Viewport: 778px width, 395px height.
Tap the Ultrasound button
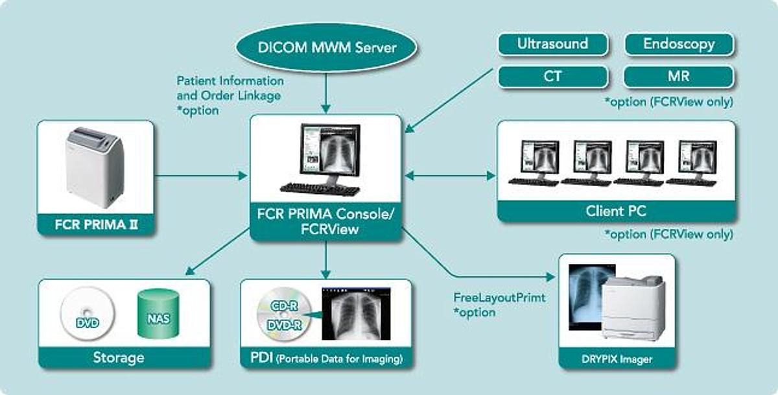[552, 44]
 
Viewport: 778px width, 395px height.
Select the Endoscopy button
[679, 44]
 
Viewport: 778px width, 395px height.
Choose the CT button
[552, 77]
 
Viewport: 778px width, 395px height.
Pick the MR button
[679, 77]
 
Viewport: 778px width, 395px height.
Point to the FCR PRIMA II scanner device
[95, 165]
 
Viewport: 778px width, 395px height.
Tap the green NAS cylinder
[158, 314]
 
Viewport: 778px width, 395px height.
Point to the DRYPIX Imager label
[617, 359]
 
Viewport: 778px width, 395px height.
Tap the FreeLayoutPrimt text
[499, 298]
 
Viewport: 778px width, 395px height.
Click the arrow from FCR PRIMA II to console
[201, 175]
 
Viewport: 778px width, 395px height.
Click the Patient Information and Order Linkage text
[230, 88]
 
